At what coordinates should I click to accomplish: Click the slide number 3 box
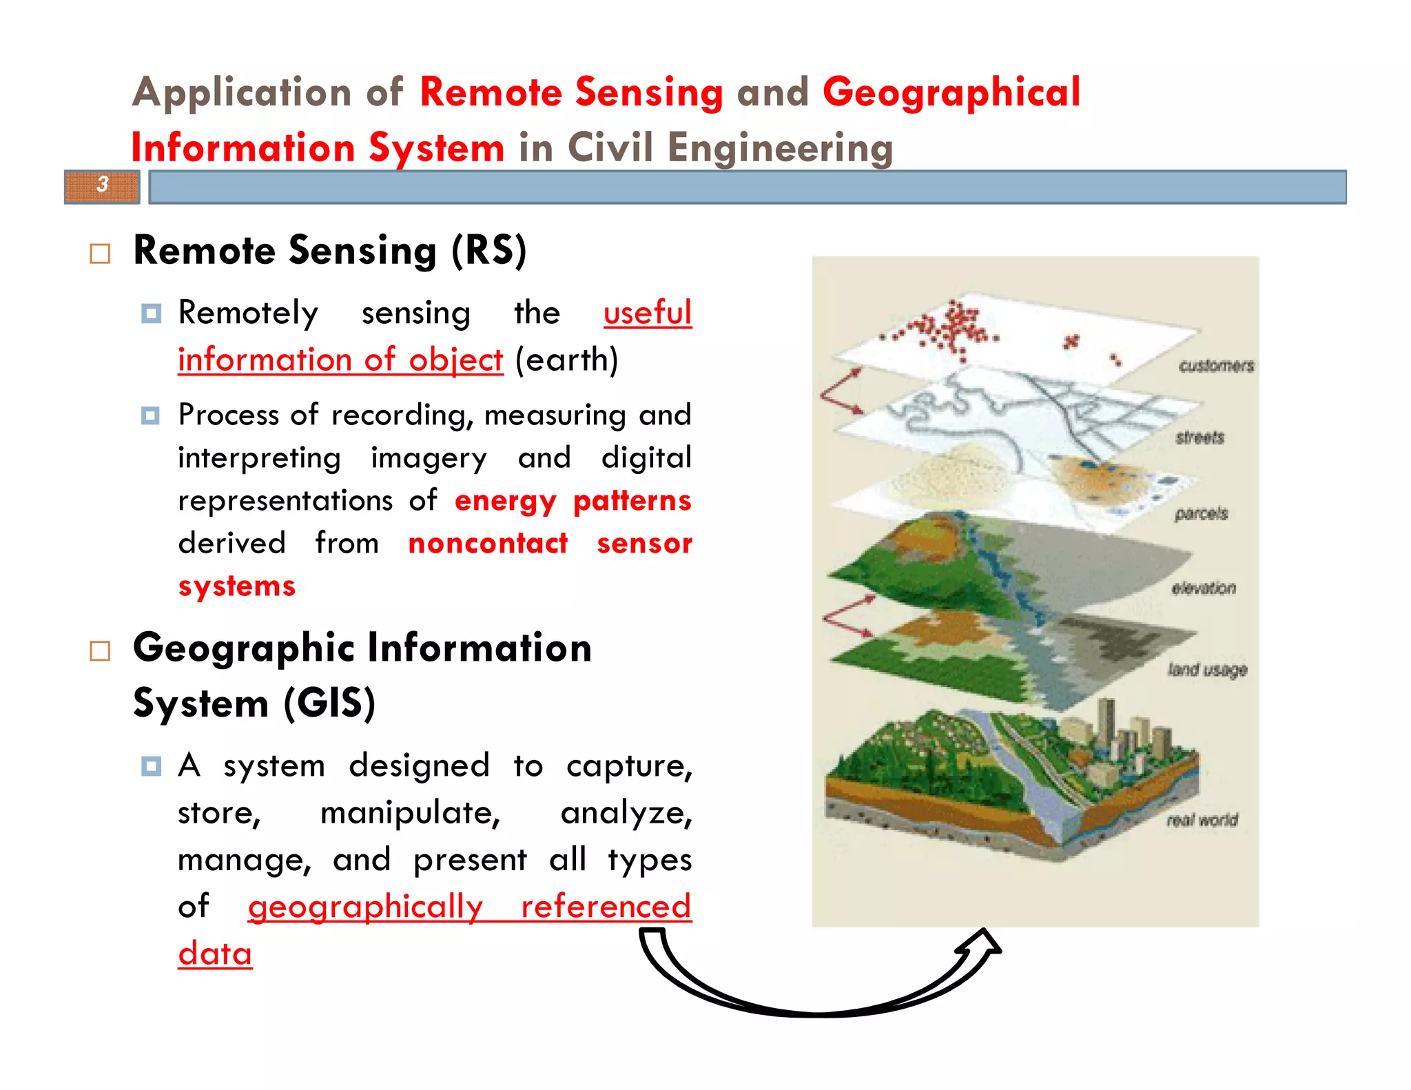click(102, 186)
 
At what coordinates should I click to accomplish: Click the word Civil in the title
click(609, 147)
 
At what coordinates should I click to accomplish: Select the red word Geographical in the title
click(951, 92)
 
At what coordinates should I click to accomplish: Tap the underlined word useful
click(647, 313)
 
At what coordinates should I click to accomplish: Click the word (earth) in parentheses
click(566, 360)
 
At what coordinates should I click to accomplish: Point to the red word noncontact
click(488, 543)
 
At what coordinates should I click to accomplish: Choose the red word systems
click(236, 586)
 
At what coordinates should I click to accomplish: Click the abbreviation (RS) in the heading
click(489, 250)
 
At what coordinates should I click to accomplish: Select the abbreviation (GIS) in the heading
click(330, 703)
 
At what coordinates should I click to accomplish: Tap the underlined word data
click(215, 954)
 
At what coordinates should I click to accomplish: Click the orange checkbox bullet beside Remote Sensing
click(101, 254)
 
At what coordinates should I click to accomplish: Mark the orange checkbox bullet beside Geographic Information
click(101, 651)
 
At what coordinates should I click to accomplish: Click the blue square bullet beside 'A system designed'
click(151, 766)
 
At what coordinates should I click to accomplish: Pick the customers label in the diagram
click(1216, 366)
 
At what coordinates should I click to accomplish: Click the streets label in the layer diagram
click(1199, 438)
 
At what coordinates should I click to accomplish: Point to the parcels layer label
click(1201, 513)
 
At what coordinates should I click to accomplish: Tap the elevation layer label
click(1203, 588)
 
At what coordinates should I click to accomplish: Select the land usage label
click(1206, 669)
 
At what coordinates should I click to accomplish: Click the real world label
click(1202, 820)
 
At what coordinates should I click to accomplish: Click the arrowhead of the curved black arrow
click(984, 943)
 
